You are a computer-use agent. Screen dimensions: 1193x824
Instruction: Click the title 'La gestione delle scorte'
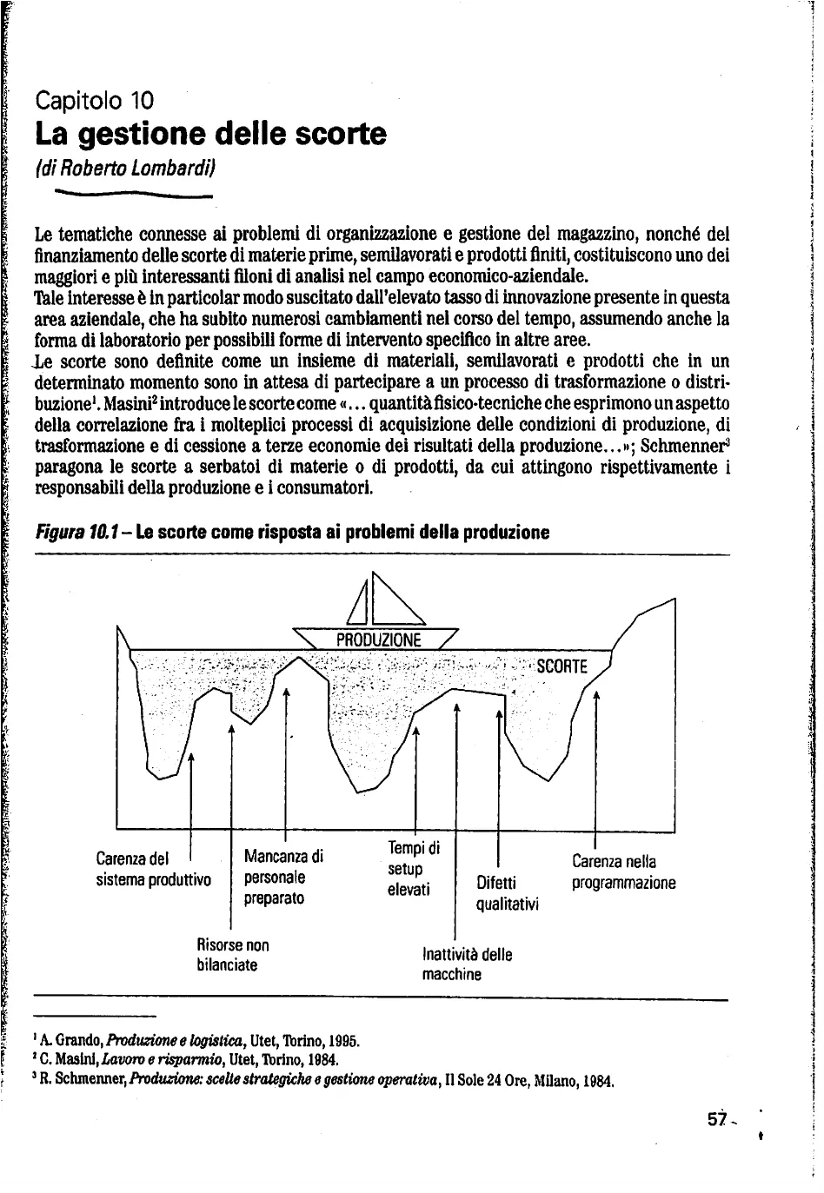(210, 135)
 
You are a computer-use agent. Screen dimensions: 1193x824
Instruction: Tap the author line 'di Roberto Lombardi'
(124, 169)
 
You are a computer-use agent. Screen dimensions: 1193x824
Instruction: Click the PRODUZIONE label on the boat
(378, 640)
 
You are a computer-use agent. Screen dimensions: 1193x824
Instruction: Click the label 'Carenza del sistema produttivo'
(153, 870)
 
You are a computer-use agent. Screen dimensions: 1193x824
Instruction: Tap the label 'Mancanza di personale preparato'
(283, 877)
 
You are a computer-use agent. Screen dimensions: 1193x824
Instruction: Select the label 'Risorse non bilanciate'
(233, 954)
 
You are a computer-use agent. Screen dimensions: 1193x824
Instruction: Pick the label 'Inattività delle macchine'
(467, 964)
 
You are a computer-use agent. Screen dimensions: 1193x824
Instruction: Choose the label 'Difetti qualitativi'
(508, 894)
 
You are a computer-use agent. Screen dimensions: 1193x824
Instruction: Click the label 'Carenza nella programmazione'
(623, 872)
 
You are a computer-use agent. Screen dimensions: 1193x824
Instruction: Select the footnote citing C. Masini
(185, 1060)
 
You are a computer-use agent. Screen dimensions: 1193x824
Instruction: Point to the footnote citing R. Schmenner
(323, 1082)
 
